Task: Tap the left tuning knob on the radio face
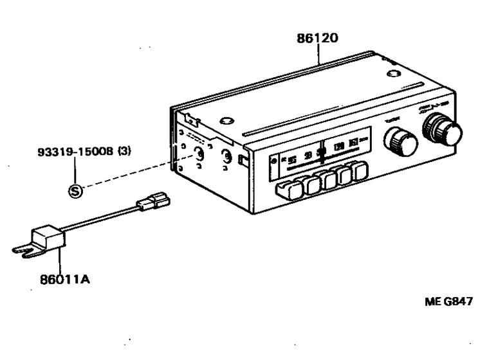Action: pos(400,139)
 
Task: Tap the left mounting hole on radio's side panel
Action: pos(199,154)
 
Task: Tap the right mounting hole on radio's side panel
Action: pos(226,156)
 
